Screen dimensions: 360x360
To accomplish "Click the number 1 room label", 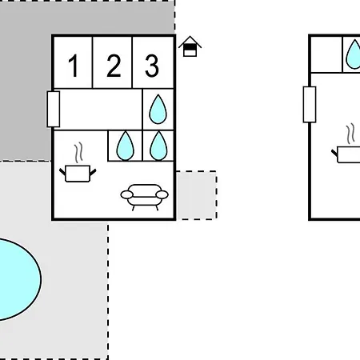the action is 74,66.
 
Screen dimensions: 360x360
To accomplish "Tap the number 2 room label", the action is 114,66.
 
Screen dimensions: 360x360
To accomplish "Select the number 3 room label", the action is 152,66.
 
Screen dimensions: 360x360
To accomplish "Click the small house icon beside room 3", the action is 190,46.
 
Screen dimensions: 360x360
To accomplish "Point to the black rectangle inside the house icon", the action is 190,47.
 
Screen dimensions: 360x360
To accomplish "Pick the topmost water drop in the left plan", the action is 158,109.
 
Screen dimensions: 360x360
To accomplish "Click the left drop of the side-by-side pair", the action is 126,146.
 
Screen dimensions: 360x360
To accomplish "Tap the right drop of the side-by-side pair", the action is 158,146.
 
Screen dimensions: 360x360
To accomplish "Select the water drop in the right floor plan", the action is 354,54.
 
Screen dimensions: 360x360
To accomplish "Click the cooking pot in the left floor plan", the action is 78,174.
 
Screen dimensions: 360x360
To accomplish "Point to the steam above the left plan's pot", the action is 78,153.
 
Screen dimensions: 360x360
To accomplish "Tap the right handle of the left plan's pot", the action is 93,172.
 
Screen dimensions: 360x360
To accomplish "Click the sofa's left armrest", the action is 127,194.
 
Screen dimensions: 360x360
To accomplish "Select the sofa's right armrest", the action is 162,194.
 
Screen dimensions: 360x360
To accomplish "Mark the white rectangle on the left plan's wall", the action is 54,109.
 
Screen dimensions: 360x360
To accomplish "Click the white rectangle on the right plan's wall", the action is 310,105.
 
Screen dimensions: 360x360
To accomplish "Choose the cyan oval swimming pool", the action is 16,279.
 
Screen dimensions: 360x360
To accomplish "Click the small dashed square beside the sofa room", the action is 196,195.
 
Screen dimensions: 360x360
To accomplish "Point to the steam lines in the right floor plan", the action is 350,134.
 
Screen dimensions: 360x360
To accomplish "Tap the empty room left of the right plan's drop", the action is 326,54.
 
